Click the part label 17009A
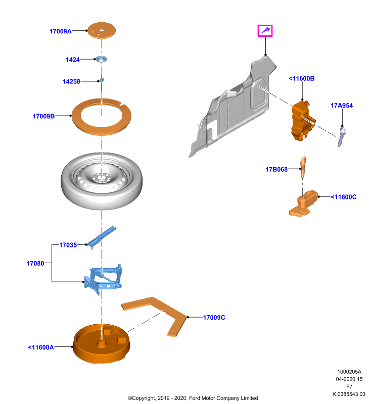tap(61, 31)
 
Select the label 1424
tap(73, 60)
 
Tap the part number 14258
tap(71, 81)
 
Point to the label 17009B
tap(43, 116)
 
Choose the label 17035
tap(68, 245)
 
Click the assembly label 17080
tap(35, 263)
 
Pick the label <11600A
tap(41, 347)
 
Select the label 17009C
tap(214, 318)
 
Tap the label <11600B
tap(302, 79)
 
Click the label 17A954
tap(342, 106)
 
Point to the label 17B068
tap(276, 169)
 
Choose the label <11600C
tap(344, 197)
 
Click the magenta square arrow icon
tap(265, 31)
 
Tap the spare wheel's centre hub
tap(101, 178)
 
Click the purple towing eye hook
tap(342, 136)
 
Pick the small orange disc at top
tap(102, 31)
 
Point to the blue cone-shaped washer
tap(102, 59)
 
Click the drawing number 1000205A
tap(349, 372)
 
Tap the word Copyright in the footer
tap(144, 398)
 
